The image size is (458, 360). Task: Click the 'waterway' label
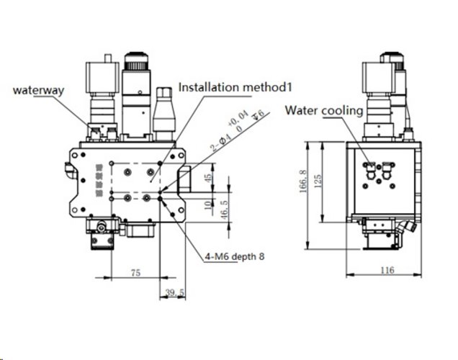click(x=39, y=91)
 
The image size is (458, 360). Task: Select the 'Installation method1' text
click(x=235, y=88)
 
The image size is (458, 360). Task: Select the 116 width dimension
click(x=387, y=270)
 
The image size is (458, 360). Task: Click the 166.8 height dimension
click(x=305, y=181)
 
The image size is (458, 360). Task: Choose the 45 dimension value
click(x=208, y=178)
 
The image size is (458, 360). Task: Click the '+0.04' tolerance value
click(x=238, y=118)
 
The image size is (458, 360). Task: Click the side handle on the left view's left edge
click(x=68, y=172)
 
